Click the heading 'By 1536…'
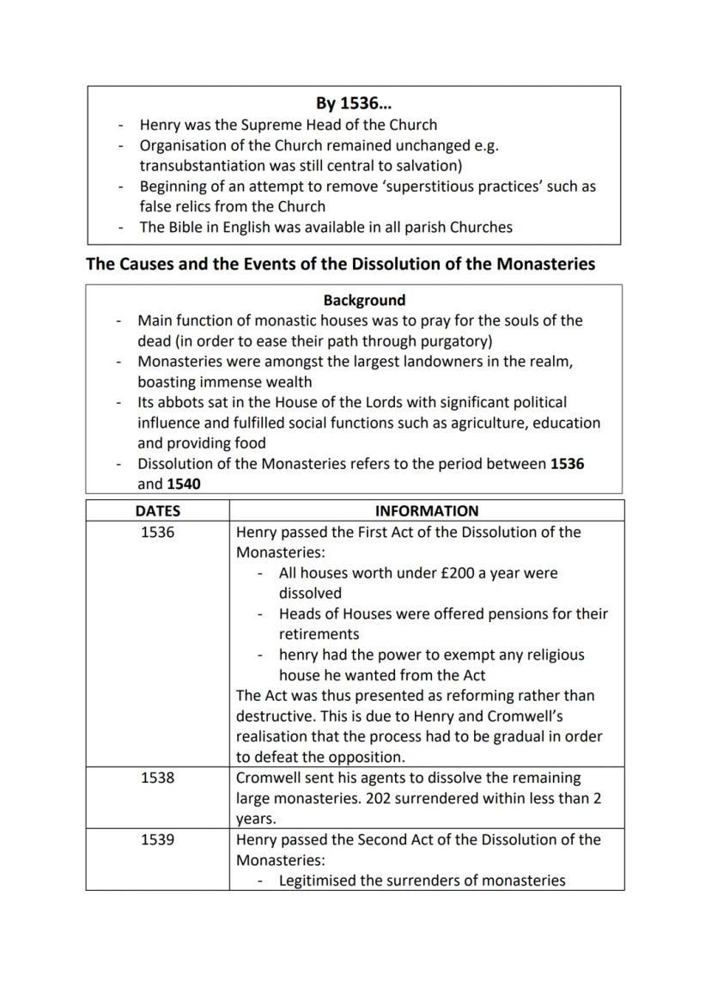[x=353, y=104]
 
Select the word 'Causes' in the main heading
[x=151, y=264]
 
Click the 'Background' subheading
[x=364, y=301]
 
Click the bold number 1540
[x=184, y=484]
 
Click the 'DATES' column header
[x=157, y=511]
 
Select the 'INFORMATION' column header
[x=427, y=511]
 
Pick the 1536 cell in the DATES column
[x=157, y=532]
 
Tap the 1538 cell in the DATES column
[x=157, y=777]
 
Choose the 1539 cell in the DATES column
[x=157, y=839]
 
